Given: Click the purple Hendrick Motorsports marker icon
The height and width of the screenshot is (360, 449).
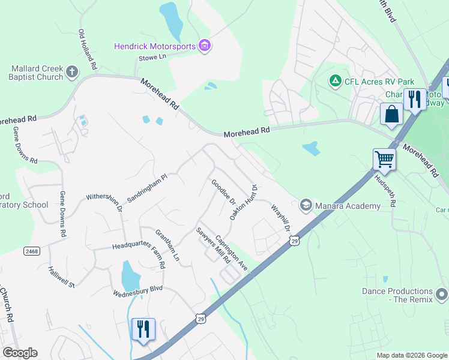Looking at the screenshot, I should (205, 46).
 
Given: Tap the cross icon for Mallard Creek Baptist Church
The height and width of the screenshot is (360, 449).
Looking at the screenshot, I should (72, 73).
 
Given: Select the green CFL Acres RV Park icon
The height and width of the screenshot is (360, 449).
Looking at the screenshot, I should (335, 80).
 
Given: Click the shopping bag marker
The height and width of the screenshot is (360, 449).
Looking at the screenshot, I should (391, 115).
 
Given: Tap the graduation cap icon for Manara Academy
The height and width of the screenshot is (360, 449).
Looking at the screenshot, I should (306, 206).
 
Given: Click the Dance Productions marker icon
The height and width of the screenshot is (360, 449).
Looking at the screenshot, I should (442, 295).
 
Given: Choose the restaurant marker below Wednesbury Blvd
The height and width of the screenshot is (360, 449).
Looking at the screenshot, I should (143, 330).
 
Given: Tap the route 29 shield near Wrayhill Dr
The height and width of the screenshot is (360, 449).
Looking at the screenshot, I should (294, 241).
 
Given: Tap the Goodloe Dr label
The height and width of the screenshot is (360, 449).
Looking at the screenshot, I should (223, 191).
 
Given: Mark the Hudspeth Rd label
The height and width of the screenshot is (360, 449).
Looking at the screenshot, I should (387, 190).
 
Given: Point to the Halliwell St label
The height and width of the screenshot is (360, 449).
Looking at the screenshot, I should (62, 277).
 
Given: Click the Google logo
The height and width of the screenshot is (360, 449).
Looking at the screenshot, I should (20, 353).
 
